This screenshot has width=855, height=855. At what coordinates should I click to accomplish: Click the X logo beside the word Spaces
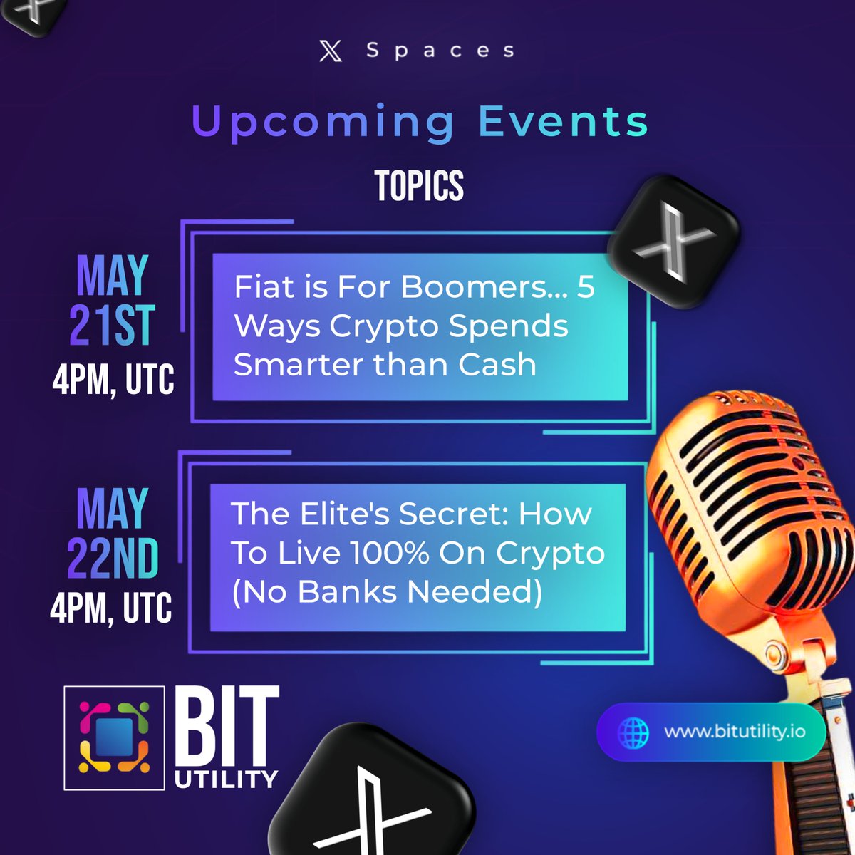click(x=331, y=51)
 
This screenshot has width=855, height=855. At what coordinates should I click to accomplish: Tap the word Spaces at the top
click(x=440, y=51)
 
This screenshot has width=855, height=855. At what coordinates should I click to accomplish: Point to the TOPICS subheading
click(x=419, y=186)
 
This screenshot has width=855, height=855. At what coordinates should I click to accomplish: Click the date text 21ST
click(x=112, y=325)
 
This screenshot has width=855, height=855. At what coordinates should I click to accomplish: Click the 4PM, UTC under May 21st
click(x=113, y=378)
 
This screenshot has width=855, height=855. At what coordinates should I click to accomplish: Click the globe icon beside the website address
click(x=633, y=732)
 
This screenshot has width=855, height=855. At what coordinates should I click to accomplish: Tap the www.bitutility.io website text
click(x=735, y=732)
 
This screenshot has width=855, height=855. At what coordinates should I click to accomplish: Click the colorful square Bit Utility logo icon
click(x=114, y=737)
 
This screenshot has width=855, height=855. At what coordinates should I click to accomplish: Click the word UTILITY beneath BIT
click(x=226, y=779)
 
